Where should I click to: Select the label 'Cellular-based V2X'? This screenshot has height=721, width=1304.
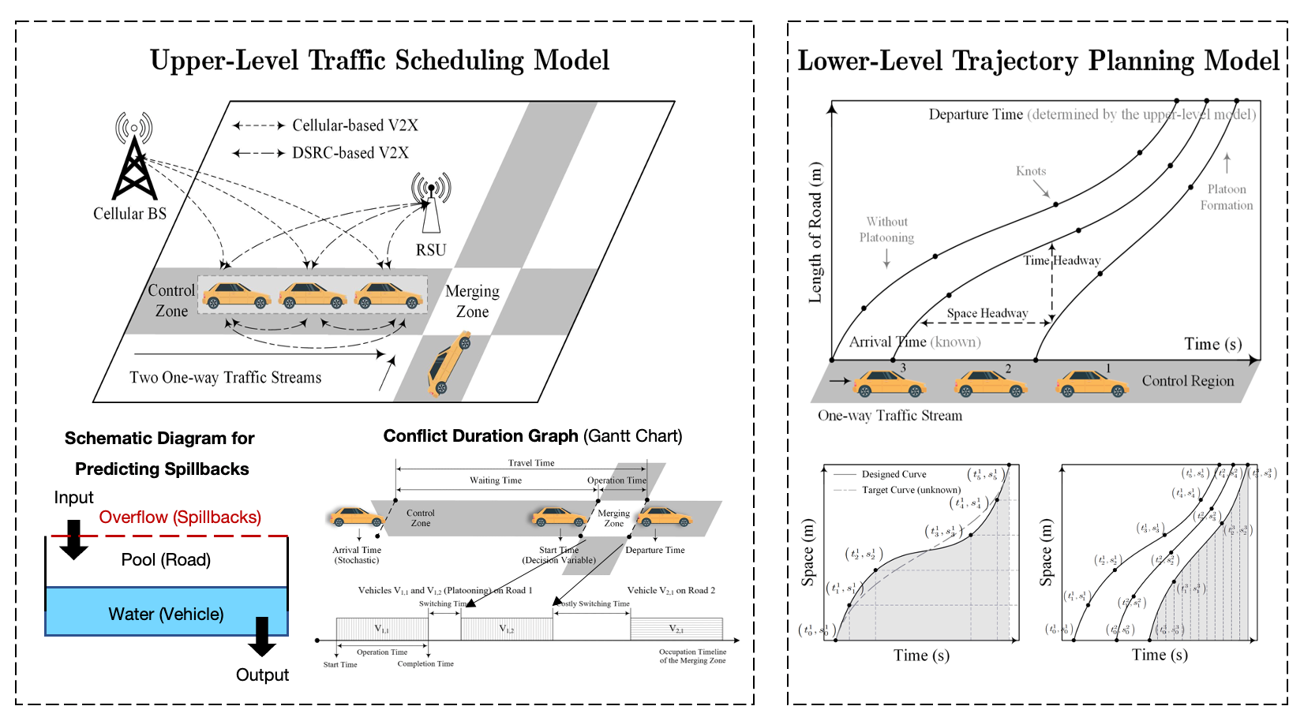(354, 125)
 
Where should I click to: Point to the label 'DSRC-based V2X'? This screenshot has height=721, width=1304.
(350, 153)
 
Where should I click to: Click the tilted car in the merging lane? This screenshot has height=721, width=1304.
(449, 362)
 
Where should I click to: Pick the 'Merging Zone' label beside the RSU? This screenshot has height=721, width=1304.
(472, 301)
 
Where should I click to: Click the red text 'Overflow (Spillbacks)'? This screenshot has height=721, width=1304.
(180, 517)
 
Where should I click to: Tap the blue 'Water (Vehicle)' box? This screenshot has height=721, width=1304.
(166, 613)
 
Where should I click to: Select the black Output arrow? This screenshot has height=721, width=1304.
(261, 636)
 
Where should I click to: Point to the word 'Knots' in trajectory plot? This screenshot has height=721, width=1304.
(1031, 171)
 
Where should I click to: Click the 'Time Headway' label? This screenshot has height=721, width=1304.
(1062, 260)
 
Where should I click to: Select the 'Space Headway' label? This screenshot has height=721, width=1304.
(987, 313)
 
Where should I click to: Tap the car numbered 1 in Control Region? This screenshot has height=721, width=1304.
(1092, 384)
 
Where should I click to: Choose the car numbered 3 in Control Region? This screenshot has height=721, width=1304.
(890, 384)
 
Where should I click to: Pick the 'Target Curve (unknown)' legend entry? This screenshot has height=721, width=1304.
(911, 490)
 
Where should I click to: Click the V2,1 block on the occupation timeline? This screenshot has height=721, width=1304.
(676, 629)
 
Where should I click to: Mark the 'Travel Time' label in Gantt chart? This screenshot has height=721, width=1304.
(530, 463)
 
